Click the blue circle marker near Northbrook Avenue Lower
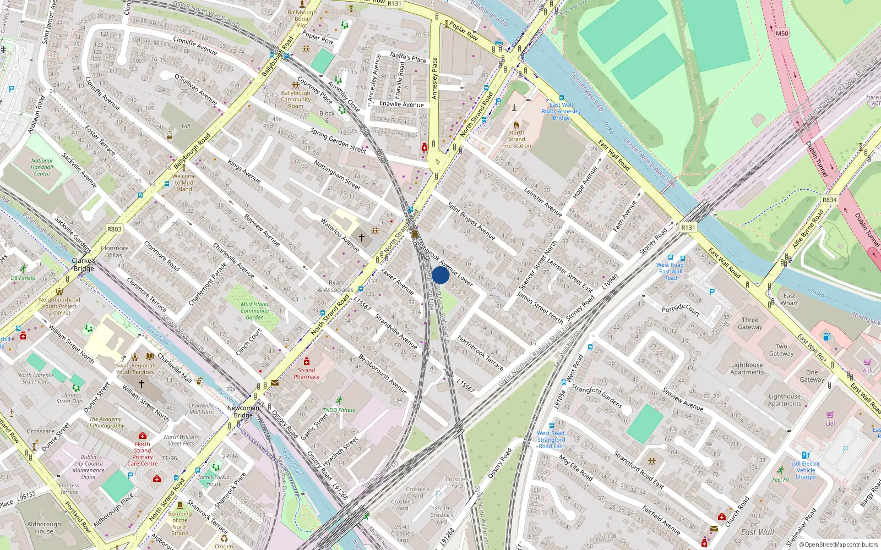point(440,275)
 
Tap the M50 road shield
point(782,33)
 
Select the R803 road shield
point(115,229)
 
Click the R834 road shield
point(829,200)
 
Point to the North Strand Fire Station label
point(516,139)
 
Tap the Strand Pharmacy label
point(307,373)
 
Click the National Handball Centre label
point(42,167)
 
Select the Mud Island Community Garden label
point(254,311)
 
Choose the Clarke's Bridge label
point(84,265)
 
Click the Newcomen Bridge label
point(243,411)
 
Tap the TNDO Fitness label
point(339,410)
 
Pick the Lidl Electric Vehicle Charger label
point(806,470)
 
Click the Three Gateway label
point(750,323)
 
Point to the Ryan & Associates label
point(335,286)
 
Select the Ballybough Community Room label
point(296,100)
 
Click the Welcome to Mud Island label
point(184,183)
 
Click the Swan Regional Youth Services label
point(135,369)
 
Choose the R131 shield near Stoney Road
point(688,227)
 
